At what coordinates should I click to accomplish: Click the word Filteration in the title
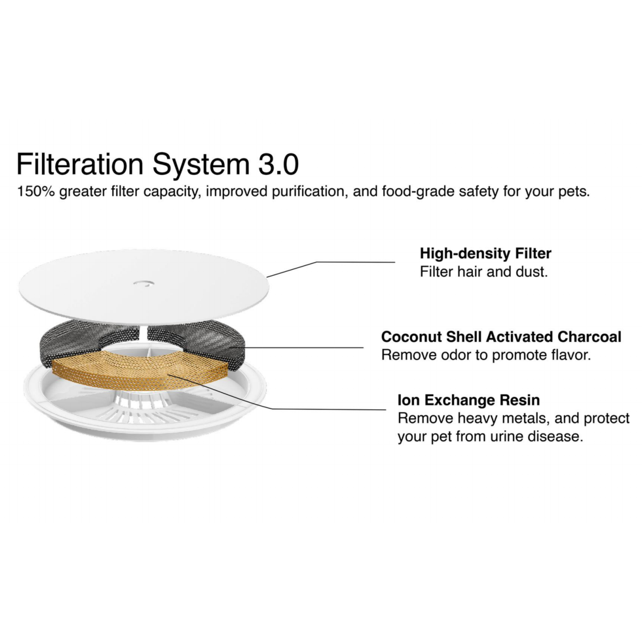click(x=80, y=164)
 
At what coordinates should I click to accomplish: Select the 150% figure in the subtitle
click(x=36, y=191)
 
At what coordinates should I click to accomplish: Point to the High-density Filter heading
click(x=486, y=254)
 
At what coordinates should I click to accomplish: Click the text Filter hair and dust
click(x=484, y=272)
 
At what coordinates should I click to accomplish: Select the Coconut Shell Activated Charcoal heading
click(x=501, y=337)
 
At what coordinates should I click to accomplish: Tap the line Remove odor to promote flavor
click(x=486, y=355)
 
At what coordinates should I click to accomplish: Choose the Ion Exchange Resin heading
click(x=469, y=400)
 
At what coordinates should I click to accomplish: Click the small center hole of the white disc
click(x=144, y=283)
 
